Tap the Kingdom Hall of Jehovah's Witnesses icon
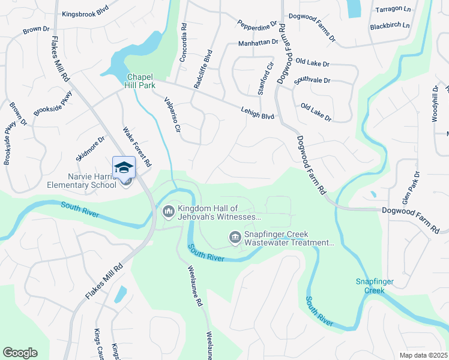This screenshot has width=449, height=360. click(168, 212)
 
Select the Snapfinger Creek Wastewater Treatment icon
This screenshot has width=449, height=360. click(235, 238)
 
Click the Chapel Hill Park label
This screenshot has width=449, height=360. click(140, 81)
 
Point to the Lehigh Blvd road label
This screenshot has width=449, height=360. click(258, 112)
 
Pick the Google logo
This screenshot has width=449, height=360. click(20, 353)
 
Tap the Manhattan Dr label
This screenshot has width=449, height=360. click(258, 43)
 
